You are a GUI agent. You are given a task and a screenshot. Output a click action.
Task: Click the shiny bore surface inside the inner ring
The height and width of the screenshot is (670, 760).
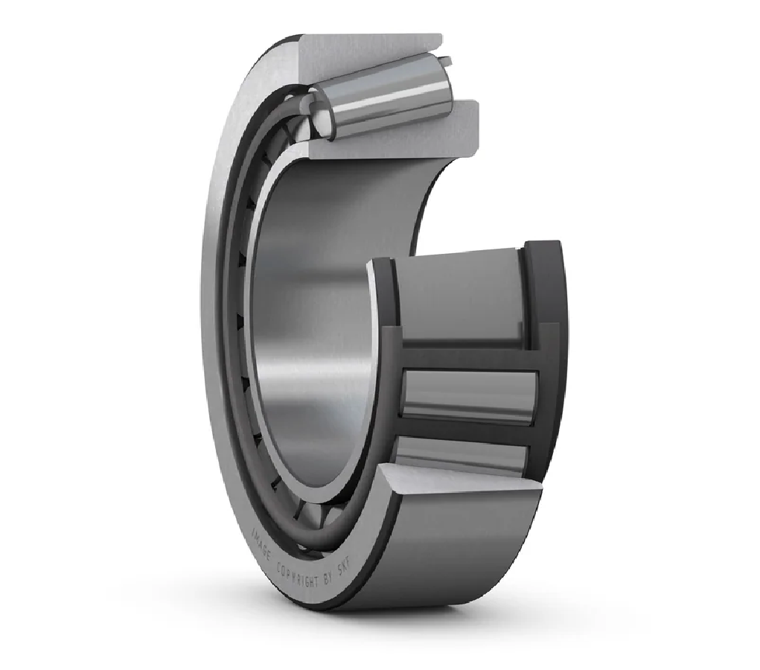coord(313,298)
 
